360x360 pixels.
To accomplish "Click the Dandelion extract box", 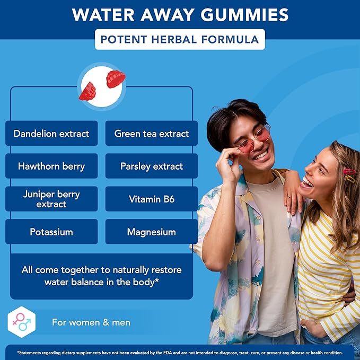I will pyautogui.click(x=51, y=134).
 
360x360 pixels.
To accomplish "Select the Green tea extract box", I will pyautogui.click(x=152, y=134).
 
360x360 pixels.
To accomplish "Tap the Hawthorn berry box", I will pyautogui.click(x=51, y=166).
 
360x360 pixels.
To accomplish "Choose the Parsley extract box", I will pyautogui.click(x=152, y=166).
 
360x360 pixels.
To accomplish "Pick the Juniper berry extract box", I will pyautogui.click(x=51, y=199).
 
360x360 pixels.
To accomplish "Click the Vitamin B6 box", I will pyautogui.click(x=152, y=199).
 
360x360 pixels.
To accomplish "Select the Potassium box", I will pyautogui.click(x=51, y=232).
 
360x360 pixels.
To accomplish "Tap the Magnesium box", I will pyautogui.click(x=152, y=232).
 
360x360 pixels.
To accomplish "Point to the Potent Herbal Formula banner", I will pyautogui.click(x=180, y=39).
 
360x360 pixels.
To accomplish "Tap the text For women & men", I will pyautogui.click(x=91, y=322).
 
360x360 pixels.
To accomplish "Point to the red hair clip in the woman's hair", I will pyautogui.click(x=349, y=172).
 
